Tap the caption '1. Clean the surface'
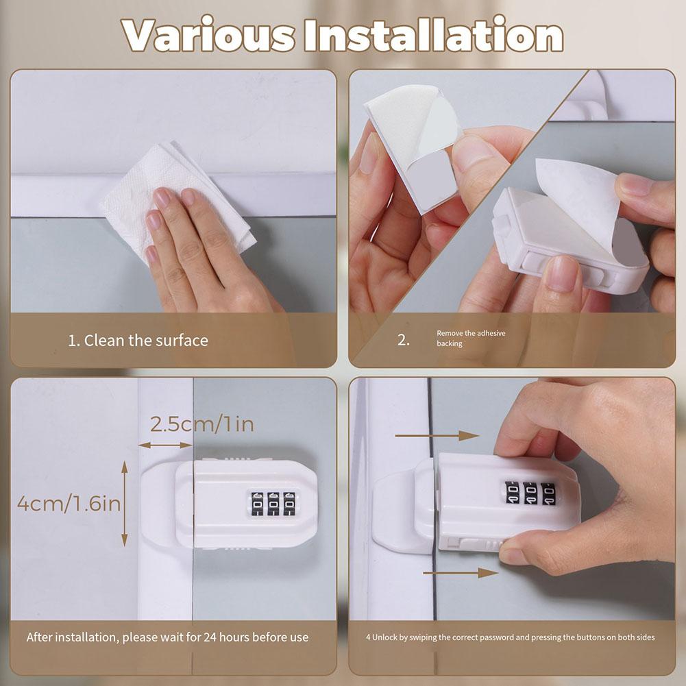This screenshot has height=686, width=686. tap(138, 340)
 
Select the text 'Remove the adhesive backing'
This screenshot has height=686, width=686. tap(471, 338)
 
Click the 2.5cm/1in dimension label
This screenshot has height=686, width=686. tap(202, 424)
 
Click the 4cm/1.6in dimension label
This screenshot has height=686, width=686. tap(69, 504)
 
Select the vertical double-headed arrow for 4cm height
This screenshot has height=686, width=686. tap(124, 504)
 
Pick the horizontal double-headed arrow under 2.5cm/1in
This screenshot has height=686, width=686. tap(165, 445)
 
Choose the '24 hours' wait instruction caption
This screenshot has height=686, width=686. tap(167, 637)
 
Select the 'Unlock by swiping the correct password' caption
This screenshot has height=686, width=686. tap(510, 637)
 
